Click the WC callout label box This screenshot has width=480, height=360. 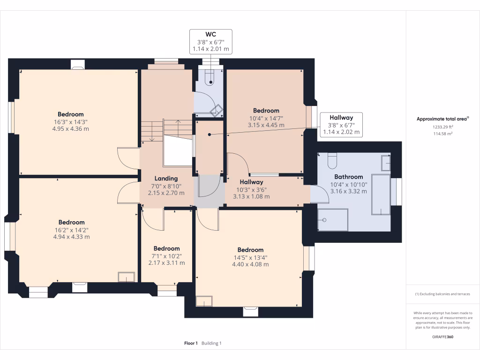(x=210, y=42)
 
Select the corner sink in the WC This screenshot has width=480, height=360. (x=217, y=110)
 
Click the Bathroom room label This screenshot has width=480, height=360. (x=349, y=177)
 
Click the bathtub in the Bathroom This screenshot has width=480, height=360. (x=381, y=195)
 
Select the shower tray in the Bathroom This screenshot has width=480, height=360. (x=333, y=220)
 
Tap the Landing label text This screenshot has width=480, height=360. (x=166, y=179)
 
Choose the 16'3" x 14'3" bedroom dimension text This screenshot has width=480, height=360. (x=71, y=122)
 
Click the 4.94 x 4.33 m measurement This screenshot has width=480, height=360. (x=72, y=237)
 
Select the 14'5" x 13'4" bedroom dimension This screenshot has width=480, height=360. (x=250, y=257)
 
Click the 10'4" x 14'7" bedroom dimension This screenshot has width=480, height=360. (x=266, y=118)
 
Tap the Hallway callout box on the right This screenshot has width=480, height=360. (x=341, y=125)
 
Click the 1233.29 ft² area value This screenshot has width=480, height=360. (x=442, y=127)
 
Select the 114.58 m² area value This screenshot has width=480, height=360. (x=442, y=134)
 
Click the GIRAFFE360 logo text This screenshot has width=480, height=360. (x=442, y=337)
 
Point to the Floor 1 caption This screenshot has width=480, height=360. (x=191, y=343)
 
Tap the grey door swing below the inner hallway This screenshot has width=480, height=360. (x=210, y=186)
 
